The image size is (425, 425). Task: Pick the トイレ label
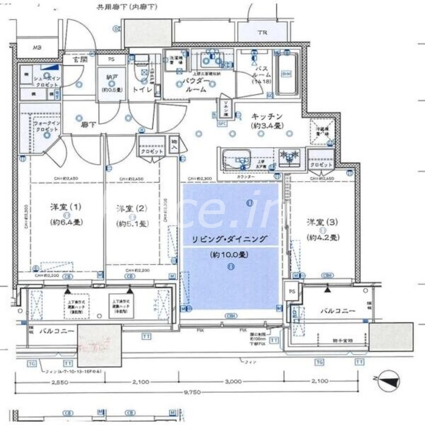click(x=142, y=91)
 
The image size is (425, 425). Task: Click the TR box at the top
click(x=262, y=33)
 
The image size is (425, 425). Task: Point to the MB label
click(x=37, y=48)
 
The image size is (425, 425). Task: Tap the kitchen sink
click(x=237, y=159)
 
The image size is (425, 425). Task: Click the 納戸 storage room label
click(x=110, y=80)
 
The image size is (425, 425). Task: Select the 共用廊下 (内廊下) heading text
click(x=121, y=7)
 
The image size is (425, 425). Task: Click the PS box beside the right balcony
click(x=291, y=291)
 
